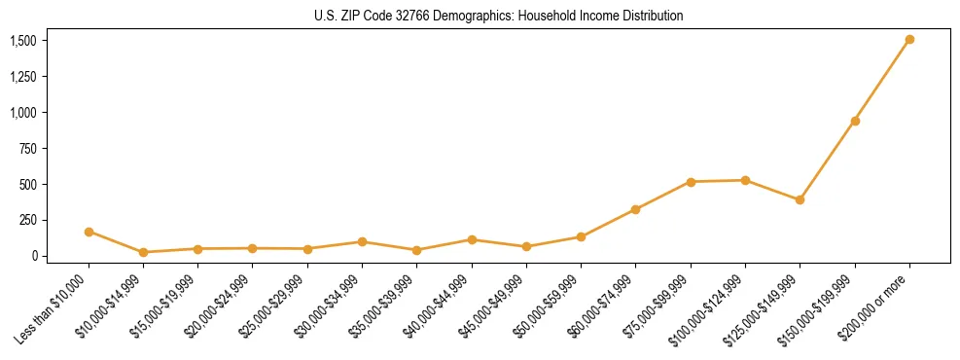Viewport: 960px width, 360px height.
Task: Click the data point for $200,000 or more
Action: click(x=909, y=40)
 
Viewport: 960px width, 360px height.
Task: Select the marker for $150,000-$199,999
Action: click(x=855, y=121)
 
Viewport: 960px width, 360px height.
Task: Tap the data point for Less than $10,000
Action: click(x=89, y=232)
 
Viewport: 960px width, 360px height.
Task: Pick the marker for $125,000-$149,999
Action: click(x=800, y=199)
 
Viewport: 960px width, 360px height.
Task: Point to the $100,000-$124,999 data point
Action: click(x=745, y=180)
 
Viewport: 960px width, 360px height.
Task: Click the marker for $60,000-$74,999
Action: click(x=636, y=209)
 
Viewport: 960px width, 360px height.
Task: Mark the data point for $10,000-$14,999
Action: click(x=143, y=252)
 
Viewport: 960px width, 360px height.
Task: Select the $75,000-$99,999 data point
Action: click(x=691, y=182)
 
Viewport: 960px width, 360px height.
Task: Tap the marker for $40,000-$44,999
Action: click(x=472, y=239)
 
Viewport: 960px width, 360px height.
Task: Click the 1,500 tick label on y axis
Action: click(x=23, y=41)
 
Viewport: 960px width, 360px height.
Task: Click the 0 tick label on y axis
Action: click(x=33, y=256)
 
